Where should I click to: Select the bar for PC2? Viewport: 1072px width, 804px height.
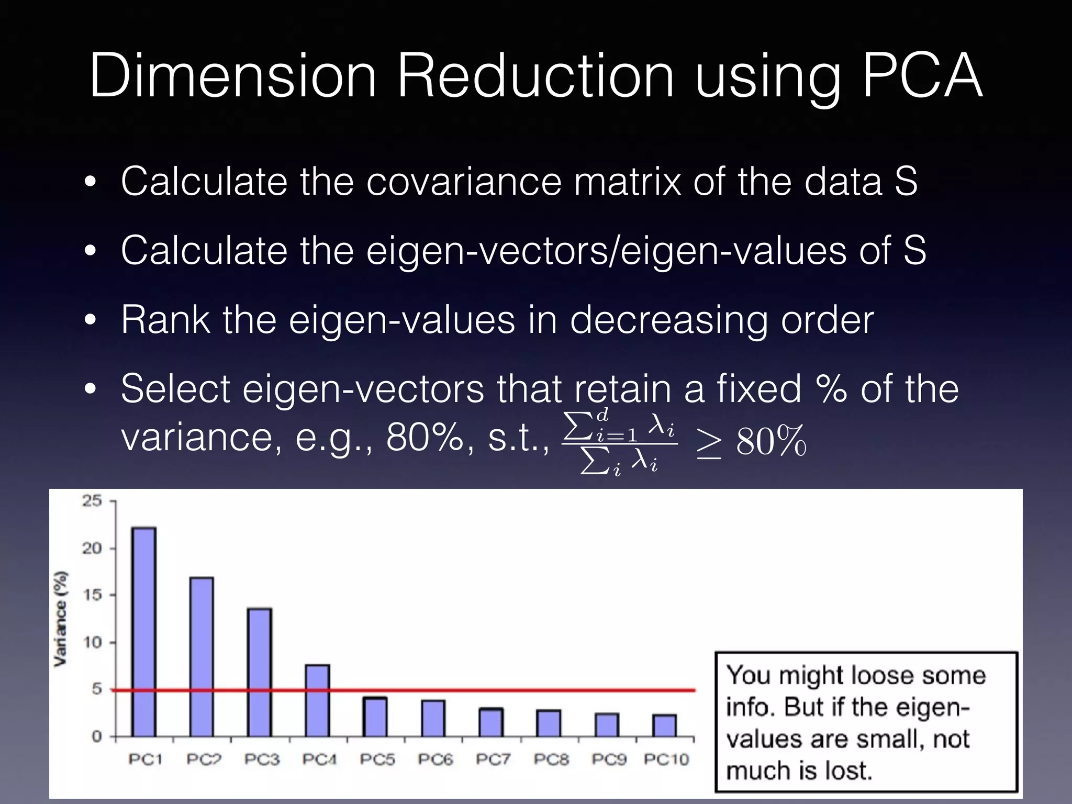(x=202, y=657)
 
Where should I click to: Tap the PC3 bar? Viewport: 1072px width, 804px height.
(x=260, y=672)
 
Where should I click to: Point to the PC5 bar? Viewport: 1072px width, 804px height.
(x=375, y=717)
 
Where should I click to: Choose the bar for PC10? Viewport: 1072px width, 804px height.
(x=665, y=725)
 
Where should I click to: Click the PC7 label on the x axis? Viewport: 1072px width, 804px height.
(x=493, y=759)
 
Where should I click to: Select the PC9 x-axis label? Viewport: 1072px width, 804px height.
(x=609, y=759)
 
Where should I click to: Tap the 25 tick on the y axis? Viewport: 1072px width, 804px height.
(x=92, y=501)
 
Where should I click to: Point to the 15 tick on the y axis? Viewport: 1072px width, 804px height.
(x=92, y=595)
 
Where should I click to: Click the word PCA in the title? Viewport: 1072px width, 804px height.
(x=922, y=76)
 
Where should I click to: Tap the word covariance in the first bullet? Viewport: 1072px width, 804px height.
(x=463, y=181)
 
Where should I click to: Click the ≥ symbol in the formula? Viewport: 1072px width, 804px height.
(x=709, y=442)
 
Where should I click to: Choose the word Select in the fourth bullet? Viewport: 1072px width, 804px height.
(x=175, y=388)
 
